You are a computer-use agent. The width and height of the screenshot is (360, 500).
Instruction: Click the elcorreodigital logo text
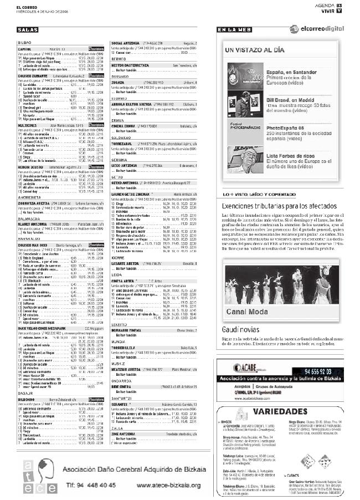click(x=324, y=29)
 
